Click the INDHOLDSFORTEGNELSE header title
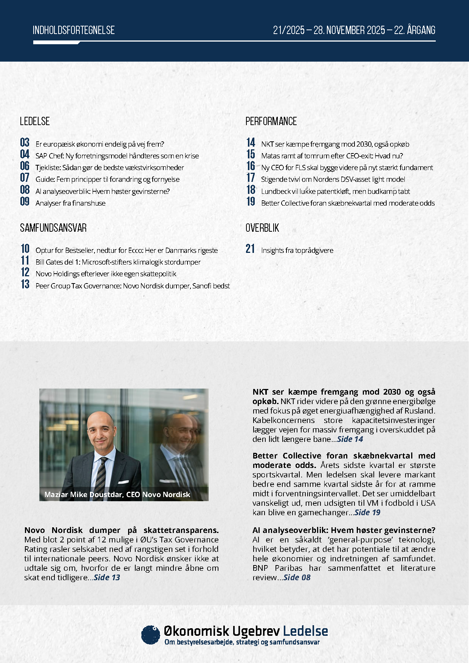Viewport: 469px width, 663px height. coord(74,30)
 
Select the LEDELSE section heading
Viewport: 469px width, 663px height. coord(35,121)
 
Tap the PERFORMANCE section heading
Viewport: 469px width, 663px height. coord(271,121)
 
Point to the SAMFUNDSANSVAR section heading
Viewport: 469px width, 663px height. coord(53,228)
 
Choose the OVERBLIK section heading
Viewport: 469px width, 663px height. coord(262,228)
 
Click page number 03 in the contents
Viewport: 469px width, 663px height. coord(25,143)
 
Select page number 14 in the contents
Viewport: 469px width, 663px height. coord(251,143)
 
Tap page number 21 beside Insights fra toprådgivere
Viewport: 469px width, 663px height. coord(250,249)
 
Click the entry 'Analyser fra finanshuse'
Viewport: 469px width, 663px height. coord(70,203)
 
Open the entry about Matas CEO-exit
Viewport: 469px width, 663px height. coord(332,156)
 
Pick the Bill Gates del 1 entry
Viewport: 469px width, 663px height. coord(118,262)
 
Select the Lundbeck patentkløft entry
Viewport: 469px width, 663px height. coord(335,191)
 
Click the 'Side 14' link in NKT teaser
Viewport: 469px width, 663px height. coord(350,439)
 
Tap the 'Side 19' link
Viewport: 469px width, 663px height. coord(367,513)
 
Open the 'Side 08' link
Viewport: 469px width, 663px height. coord(297,578)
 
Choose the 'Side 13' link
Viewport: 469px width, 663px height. coord(107,578)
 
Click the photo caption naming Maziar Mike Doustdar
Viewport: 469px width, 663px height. coord(117,494)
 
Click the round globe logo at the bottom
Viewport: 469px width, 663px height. coord(151,635)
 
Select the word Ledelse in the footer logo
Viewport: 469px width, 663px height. coord(305,631)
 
